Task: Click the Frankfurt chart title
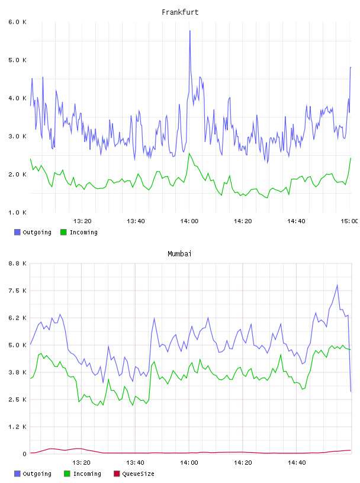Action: point(180,12)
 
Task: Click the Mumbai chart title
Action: point(179,254)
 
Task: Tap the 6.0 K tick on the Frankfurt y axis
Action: point(17,22)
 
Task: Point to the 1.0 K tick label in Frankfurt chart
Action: point(17,212)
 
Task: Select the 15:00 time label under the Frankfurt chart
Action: point(349,221)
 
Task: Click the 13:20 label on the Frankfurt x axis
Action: point(82,221)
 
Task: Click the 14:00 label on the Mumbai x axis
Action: point(189,462)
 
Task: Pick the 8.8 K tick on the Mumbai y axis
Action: point(17,263)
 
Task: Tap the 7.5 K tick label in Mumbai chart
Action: point(17,291)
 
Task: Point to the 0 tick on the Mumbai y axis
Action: point(24,454)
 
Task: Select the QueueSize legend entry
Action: point(134,474)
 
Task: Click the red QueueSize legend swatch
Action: point(117,474)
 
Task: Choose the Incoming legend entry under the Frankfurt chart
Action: point(79,232)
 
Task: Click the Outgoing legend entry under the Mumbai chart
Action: point(33,474)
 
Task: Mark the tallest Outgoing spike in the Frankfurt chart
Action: point(190,31)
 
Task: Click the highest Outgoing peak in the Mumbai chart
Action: point(337,285)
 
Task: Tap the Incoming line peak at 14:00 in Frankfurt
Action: point(189,153)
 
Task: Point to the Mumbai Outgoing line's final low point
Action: point(351,391)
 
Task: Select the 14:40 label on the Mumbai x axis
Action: point(297,462)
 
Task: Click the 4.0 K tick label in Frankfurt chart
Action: point(17,98)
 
